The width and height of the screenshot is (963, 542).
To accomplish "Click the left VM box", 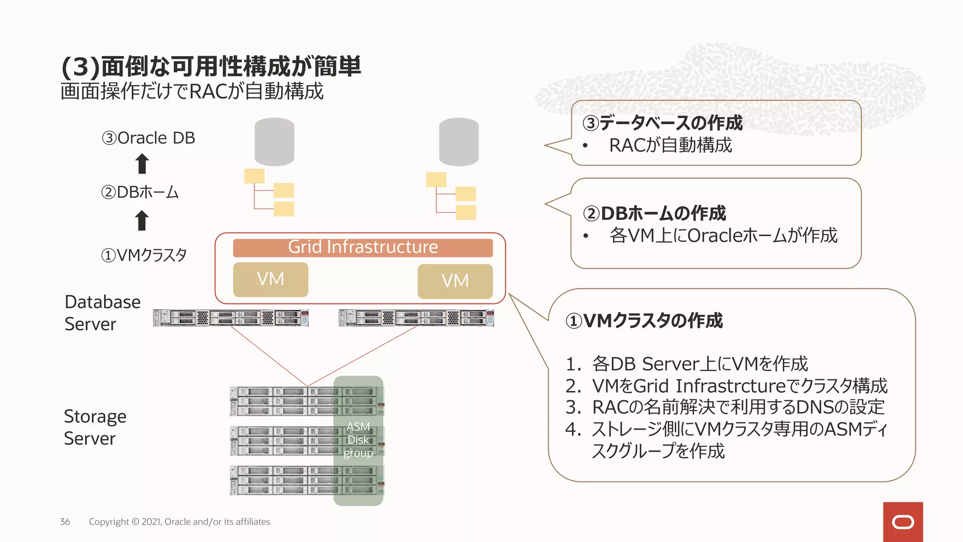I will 270,279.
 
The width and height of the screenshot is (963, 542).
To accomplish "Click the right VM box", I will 455,281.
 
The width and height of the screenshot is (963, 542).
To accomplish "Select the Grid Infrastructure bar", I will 363,247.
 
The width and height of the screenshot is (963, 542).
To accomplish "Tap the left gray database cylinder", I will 274,142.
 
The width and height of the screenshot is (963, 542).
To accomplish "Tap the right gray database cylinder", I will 458,142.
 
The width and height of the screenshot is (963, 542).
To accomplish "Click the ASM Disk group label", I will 358,440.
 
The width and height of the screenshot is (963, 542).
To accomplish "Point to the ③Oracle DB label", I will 148,138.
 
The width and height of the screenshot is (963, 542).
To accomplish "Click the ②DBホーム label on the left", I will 140,192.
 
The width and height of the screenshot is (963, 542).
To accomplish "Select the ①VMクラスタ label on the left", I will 143,255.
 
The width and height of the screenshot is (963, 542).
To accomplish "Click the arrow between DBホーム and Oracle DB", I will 142,164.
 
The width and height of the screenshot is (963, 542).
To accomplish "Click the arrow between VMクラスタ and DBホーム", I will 142,220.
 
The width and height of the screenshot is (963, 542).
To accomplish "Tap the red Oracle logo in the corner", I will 902,522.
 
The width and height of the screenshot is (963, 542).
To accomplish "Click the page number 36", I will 65,522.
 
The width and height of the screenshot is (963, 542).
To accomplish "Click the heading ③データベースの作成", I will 662,123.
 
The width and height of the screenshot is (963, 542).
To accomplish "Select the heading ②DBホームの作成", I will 654,213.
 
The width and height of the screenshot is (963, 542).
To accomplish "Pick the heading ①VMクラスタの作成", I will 644,320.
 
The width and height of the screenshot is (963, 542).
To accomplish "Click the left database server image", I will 230,318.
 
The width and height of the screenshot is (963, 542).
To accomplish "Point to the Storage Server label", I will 95,427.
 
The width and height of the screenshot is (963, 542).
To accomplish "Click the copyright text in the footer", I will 179,522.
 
